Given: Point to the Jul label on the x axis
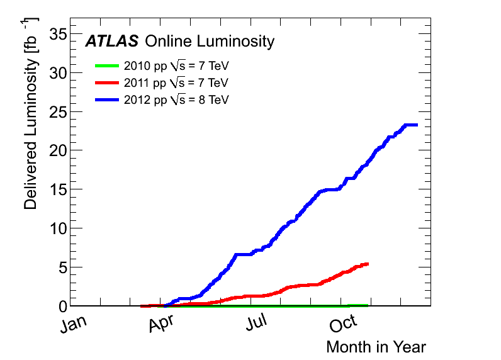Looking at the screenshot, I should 259,325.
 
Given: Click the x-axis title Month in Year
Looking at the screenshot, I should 376,347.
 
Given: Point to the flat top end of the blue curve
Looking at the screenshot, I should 410,125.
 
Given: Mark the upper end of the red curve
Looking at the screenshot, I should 366,264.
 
